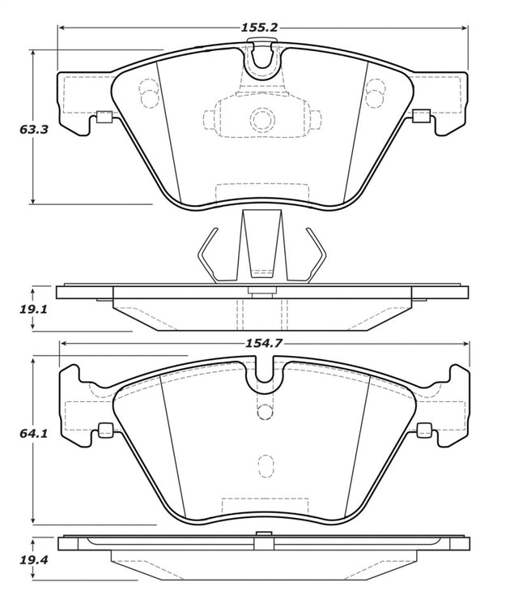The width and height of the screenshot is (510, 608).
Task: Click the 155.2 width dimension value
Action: point(260,28)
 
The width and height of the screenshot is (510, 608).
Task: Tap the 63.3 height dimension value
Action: point(34,129)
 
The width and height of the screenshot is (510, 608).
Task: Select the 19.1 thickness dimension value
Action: point(33,310)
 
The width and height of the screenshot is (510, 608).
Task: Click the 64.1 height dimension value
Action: point(34,433)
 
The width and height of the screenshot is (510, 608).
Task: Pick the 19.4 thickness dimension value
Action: point(34,560)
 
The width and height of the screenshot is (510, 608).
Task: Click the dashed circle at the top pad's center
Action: point(262,118)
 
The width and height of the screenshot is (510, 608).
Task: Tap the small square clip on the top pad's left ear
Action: point(104,116)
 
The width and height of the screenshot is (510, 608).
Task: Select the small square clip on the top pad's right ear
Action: point(421,116)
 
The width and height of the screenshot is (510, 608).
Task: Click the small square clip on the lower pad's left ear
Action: point(105,430)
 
